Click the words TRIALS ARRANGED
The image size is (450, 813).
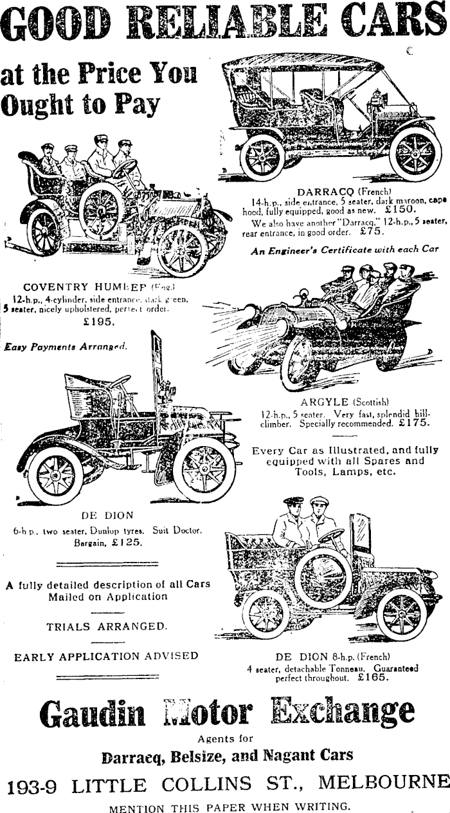pyautogui.click(x=107, y=626)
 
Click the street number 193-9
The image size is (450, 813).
pyautogui.click(x=34, y=785)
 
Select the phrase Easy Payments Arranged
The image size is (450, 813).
pyautogui.click(x=66, y=346)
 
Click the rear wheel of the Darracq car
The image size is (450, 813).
pyautogui.click(x=262, y=156)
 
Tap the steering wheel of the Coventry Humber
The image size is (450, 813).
pyautogui.click(x=124, y=169)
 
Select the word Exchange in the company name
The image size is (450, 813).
pyautogui.click(x=342, y=711)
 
